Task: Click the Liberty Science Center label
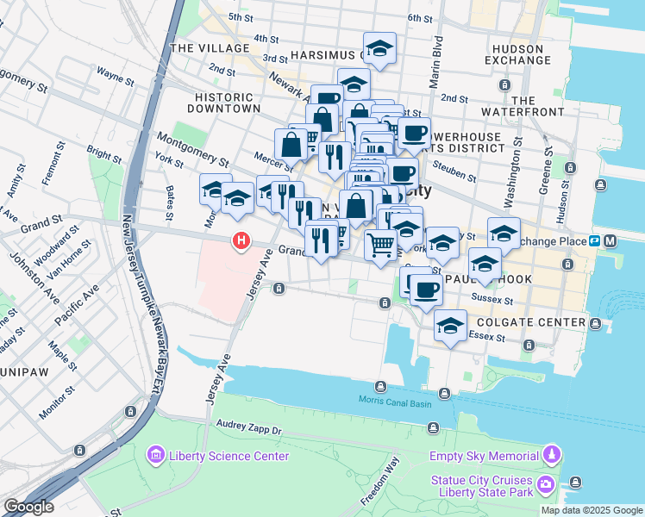pyautogui.click(x=216, y=455)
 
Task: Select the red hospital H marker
pyautogui.click(x=242, y=241)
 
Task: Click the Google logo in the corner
pyautogui.click(x=28, y=507)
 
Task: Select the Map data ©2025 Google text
pyautogui.click(x=592, y=510)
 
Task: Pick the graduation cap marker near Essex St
pyautogui.click(x=450, y=327)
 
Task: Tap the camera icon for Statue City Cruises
pyautogui.click(x=545, y=486)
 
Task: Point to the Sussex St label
pyautogui.click(x=496, y=302)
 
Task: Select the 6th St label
pyautogui.click(x=419, y=18)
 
